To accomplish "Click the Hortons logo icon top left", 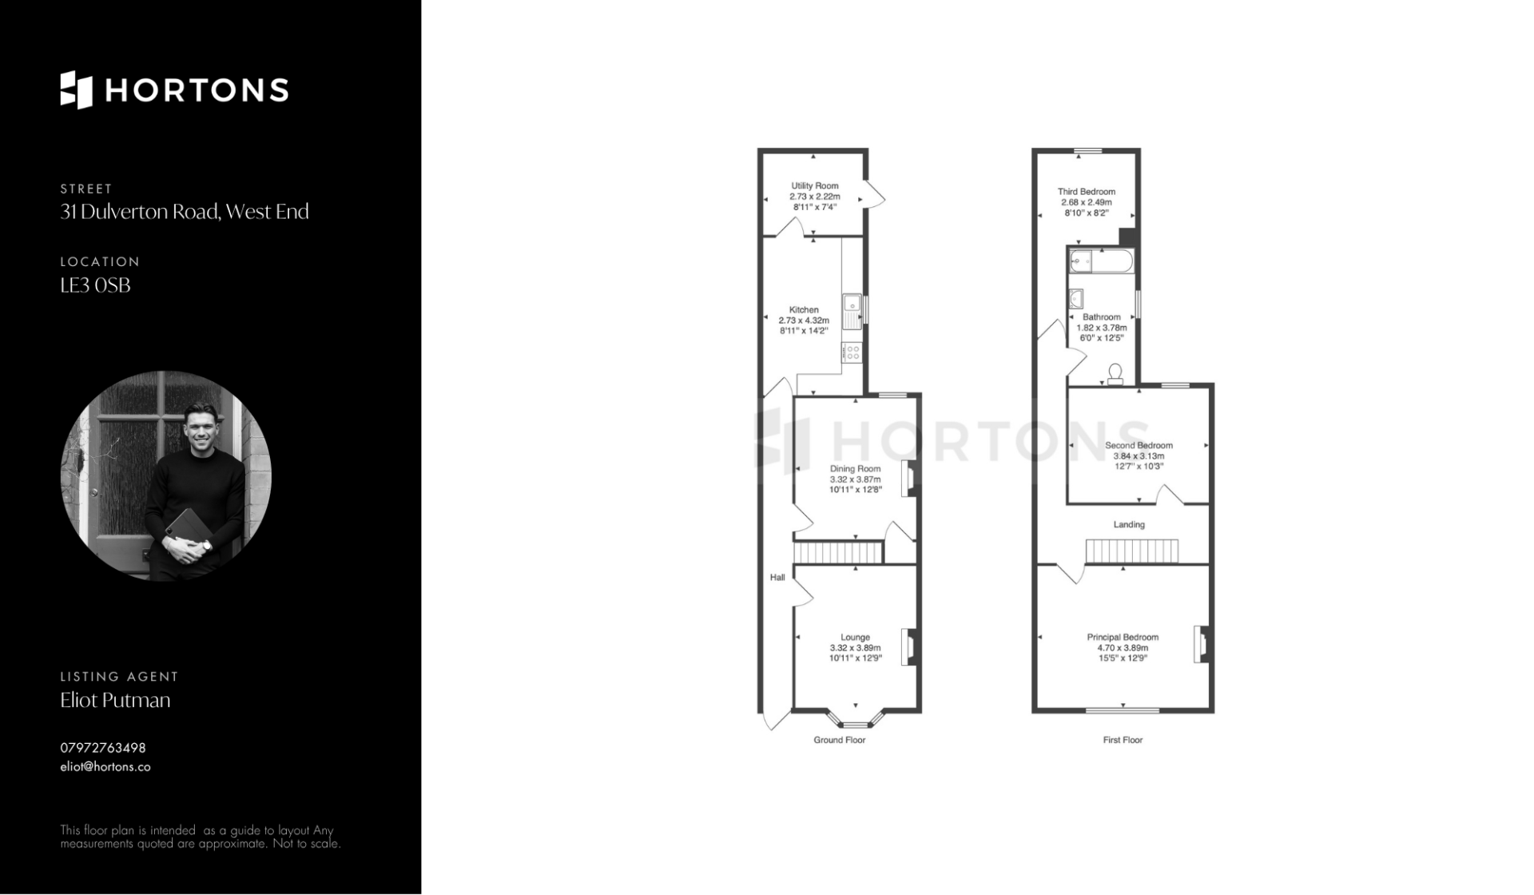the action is pos(77,89).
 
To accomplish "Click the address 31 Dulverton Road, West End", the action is pos(185,212).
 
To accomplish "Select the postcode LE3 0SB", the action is pos(95,285).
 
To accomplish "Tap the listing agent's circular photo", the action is pos(166,475).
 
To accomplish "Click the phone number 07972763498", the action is pos(103,748).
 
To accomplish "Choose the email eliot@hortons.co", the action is pos(105,767).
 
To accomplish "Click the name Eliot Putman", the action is pos(115,700).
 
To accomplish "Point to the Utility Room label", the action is pos(815,186).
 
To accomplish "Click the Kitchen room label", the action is pos(804,310).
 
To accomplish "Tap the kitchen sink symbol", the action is pos(852,312).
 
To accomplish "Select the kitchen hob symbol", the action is pos(852,352).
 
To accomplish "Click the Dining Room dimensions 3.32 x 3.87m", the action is pos(856,479).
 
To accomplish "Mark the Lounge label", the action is pos(855,638).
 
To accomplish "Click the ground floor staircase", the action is pos(838,552).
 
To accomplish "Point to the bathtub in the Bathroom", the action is pos(1101,261).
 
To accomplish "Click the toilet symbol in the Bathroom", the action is pos(1115,374).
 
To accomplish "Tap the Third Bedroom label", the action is pos(1087,192).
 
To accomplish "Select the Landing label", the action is pos(1129,525).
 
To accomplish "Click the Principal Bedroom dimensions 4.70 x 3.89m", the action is pos(1123,648).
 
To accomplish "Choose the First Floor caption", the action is pos(1123,740).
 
